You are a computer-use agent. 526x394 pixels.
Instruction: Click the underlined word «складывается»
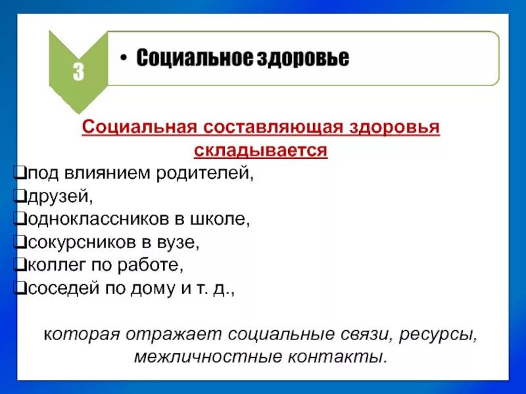tap(260, 150)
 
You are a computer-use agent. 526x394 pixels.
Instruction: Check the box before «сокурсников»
tap(19, 242)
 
